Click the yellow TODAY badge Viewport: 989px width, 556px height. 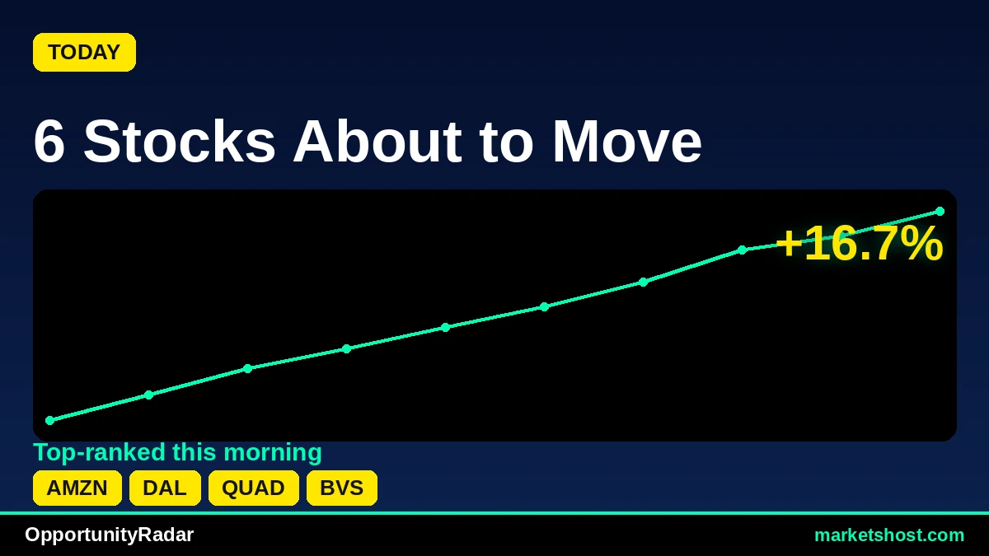pos(84,52)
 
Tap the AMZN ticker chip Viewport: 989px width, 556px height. pos(77,488)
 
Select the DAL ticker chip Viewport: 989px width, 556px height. pos(165,488)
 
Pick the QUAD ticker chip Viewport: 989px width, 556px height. pos(254,488)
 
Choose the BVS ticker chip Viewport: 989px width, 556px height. pos(342,488)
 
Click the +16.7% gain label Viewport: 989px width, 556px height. pos(859,243)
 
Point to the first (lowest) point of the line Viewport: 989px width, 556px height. pos(50,421)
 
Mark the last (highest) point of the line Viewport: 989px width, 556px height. pos(940,212)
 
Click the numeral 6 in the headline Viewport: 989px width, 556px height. pos(49,141)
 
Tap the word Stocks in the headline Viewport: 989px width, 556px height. pos(180,141)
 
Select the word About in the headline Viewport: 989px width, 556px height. pos(377,141)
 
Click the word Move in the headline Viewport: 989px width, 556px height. pos(627,141)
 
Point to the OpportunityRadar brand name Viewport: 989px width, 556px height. pos(109,535)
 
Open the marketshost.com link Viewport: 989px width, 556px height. pos(889,535)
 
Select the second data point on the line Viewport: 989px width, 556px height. pos(149,395)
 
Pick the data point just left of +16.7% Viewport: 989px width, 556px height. pos(743,250)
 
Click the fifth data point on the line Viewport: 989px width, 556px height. pos(446,327)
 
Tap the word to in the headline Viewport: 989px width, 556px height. pos(506,143)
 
